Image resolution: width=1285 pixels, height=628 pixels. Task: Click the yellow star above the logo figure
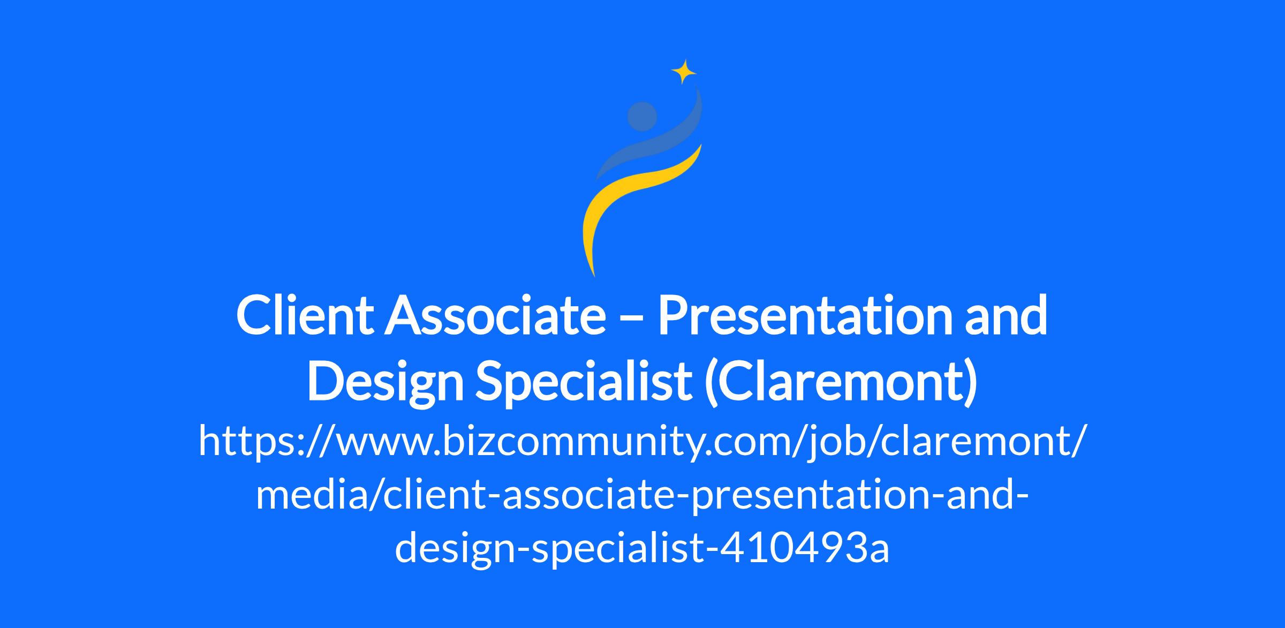[x=684, y=72]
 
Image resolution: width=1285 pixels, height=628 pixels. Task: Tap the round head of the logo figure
[x=642, y=117]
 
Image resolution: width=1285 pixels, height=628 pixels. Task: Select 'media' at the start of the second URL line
[x=310, y=495]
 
